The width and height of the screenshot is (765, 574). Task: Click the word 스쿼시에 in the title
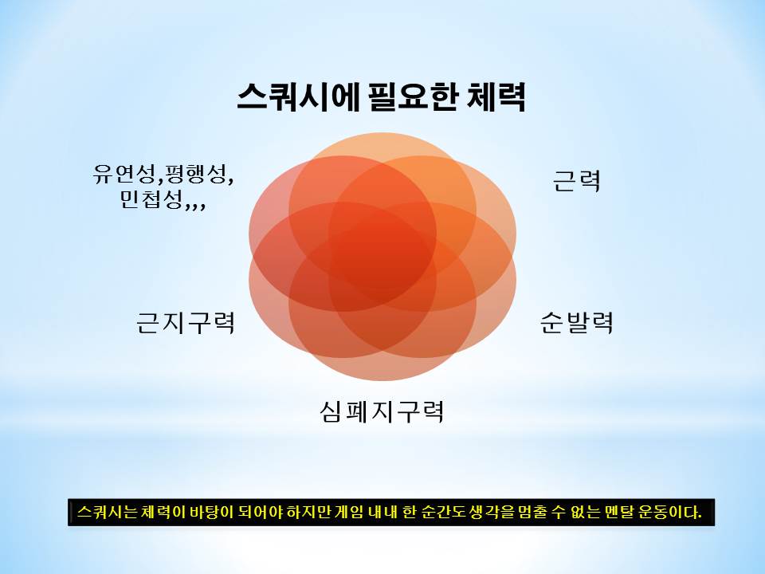(x=297, y=96)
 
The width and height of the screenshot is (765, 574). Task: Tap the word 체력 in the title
(x=496, y=96)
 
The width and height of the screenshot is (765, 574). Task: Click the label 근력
(x=576, y=181)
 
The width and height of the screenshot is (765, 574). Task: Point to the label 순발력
(x=576, y=322)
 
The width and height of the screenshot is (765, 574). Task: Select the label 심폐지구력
(x=382, y=411)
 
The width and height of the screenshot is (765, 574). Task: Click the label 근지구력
(x=186, y=322)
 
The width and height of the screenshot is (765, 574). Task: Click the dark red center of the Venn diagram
(x=382, y=257)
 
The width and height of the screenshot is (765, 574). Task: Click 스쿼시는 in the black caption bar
(x=108, y=512)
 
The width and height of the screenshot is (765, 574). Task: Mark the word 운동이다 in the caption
(x=670, y=512)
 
